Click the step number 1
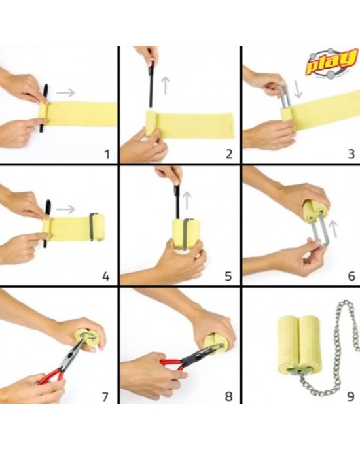point(107,154)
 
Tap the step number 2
point(229,154)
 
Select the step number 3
point(351,154)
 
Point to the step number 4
point(106,277)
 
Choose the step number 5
point(228,277)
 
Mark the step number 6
point(351,277)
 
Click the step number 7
point(105,397)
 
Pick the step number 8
point(228,397)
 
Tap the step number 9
point(351,396)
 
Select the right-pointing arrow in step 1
point(65,92)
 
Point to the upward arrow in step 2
point(166,85)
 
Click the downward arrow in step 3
point(298,90)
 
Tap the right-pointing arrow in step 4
point(65,209)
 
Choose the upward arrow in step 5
point(187,201)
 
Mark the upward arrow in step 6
point(333,229)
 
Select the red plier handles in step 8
point(171,364)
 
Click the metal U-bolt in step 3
point(285,97)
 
